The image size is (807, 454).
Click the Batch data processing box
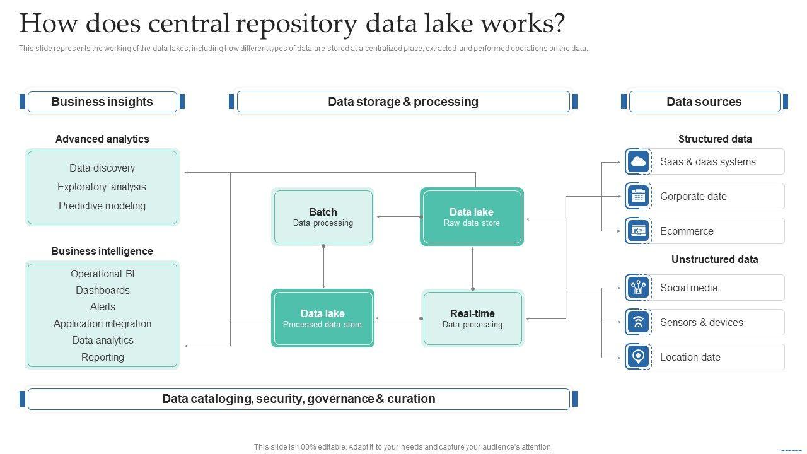point(323,217)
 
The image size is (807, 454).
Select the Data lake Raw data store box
point(472,217)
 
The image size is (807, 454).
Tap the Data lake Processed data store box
point(322,318)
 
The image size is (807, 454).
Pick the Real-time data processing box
point(472,318)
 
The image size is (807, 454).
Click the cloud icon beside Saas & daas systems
point(638,162)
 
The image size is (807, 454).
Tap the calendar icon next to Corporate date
point(638,197)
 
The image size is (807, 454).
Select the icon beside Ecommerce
point(638,231)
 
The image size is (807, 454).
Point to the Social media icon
point(638,288)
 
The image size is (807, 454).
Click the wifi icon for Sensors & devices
point(638,323)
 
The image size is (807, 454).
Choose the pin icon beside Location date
point(638,358)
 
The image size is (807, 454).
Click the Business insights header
point(102,102)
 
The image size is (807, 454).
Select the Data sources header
point(704,102)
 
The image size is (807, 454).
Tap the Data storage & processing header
point(403,102)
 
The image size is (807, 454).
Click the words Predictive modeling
point(102,206)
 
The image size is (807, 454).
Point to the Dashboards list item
point(103,291)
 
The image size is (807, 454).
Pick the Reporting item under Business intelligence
point(103,358)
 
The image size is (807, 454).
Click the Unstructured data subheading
point(714,260)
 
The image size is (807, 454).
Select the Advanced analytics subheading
point(102,139)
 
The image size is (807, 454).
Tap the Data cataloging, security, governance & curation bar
point(298,399)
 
